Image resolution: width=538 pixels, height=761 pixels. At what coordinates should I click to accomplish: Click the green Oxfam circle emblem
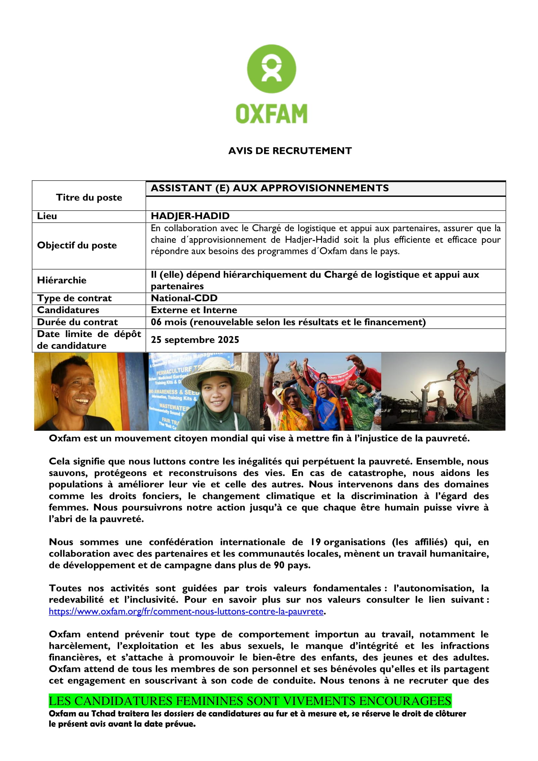[271, 69]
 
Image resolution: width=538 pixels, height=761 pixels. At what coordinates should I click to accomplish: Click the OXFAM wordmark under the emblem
[271, 114]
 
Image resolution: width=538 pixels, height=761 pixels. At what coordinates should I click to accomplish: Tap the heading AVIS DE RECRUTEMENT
[290, 151]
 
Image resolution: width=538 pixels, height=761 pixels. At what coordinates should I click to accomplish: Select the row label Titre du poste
[89, 197]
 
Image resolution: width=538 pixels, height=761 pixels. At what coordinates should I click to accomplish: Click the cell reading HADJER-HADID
[190, 216]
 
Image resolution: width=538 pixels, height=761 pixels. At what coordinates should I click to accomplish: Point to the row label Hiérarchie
[61, 280]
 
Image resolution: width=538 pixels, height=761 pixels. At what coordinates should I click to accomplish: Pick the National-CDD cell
[184, 298]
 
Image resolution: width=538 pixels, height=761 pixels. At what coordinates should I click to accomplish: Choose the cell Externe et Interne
[194, 310]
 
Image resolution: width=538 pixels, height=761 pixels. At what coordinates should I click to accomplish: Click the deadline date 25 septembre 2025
[195, 340]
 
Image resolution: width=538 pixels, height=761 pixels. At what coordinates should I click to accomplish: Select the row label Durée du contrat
[77, 322]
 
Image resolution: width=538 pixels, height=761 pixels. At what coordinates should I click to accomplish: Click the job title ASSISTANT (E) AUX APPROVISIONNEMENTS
[270, 188]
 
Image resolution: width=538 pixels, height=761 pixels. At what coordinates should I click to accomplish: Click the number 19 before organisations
[315, 543]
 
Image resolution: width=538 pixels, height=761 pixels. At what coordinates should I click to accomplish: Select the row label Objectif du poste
[77, 246]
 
